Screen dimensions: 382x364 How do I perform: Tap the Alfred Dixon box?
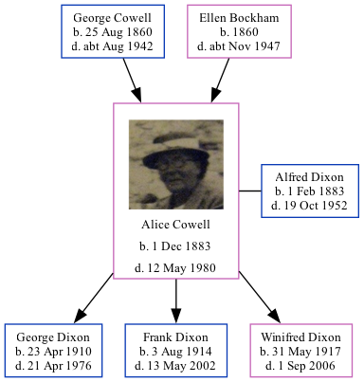[310, 191]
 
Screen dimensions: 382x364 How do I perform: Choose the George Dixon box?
[53, 350]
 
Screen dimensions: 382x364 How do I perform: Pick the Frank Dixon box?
[175, 350]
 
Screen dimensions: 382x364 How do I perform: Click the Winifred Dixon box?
[300, 350]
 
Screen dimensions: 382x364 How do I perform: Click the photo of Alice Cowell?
[175, 164]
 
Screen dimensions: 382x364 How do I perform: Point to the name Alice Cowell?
[175, 225]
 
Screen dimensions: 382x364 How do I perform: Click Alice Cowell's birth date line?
[175, 246]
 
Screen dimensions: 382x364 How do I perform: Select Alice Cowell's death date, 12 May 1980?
[175, 268]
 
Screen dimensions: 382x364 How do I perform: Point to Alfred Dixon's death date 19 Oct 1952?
[310, 205]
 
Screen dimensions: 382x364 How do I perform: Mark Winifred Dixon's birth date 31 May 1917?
[300, 350]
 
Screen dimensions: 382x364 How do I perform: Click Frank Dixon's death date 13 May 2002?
[175, 364]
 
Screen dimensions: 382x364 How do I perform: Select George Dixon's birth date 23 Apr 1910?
[53, 350]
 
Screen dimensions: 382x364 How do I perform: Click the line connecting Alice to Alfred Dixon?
[250, 191]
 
